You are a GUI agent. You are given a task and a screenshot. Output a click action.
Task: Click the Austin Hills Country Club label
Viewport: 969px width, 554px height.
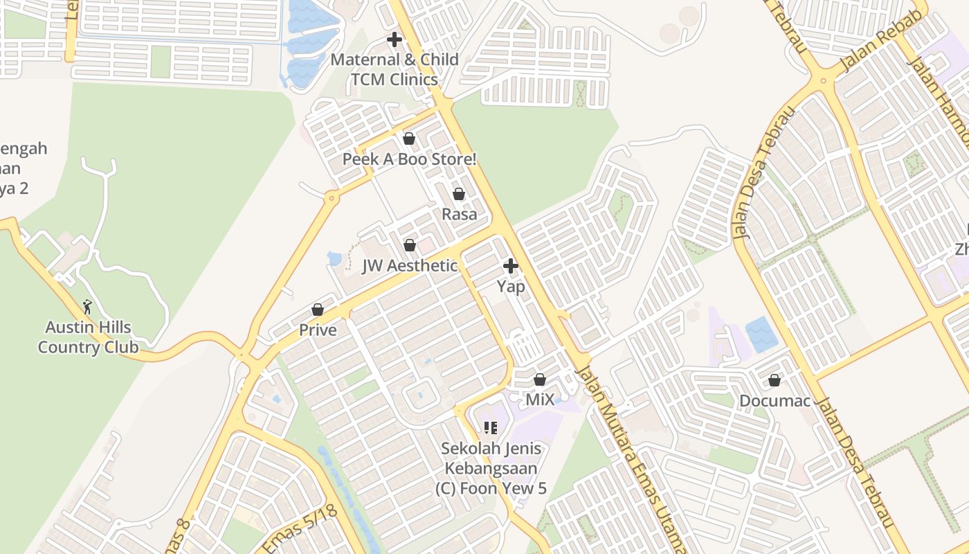click(x=88, y=337)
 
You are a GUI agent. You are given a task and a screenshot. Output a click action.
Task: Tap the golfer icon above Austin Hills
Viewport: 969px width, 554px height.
click(x=87, y=306)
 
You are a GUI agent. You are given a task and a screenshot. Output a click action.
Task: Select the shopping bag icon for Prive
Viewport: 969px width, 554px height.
click(x=318, y=310)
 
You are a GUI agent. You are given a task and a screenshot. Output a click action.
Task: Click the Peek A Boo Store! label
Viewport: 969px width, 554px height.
click(x=410, y=159)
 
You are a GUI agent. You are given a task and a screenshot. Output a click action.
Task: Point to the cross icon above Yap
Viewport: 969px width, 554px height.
click(x=511, y=265)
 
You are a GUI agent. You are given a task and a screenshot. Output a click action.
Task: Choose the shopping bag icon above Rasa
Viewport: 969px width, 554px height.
click(x=459, y=194)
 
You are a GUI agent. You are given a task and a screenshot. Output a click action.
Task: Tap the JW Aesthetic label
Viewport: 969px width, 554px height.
click(x=410, y=266)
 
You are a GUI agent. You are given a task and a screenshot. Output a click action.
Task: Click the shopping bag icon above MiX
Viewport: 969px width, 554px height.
click(x=540, y=379)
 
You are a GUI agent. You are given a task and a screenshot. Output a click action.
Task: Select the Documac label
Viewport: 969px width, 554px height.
click(x=775, y=401)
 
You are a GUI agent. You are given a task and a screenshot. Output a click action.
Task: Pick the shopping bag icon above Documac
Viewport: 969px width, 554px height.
click(x=775, y=380)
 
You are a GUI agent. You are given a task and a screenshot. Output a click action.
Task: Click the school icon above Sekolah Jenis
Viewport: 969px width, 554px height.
click(x=491, y=428)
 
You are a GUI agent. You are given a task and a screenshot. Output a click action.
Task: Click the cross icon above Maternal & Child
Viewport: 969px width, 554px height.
click(x=395, y=39)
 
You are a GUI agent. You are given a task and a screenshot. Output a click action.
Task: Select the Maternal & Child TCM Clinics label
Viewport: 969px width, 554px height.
click(x=395, y=69)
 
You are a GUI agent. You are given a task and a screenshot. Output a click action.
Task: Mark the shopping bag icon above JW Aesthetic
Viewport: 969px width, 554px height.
click(x=410, y=245)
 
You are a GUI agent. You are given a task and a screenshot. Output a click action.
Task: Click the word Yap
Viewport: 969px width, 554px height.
click(x=511, y=286)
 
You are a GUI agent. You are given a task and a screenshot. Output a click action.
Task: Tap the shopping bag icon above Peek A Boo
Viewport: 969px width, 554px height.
click(x=409, y=138)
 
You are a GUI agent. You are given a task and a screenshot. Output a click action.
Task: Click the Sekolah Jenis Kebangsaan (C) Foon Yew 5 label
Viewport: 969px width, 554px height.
click(x=491, y=469)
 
